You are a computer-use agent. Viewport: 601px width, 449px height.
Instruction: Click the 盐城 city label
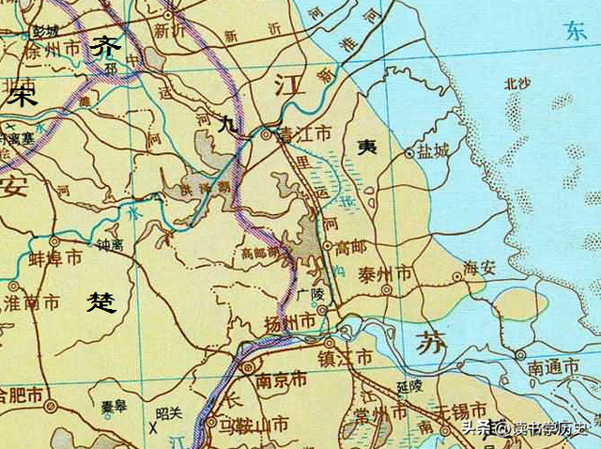(x=435, y=150)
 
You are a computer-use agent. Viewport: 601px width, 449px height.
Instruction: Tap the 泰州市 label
(x=385, y=274)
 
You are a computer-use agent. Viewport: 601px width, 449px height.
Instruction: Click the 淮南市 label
(x=33, y=303)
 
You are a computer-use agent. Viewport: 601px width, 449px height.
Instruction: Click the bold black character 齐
(x=105, y=46)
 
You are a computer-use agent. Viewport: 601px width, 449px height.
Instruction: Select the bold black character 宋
(x=20, y=95)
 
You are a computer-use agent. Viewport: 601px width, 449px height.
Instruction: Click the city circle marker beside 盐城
(x=408, y=151)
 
